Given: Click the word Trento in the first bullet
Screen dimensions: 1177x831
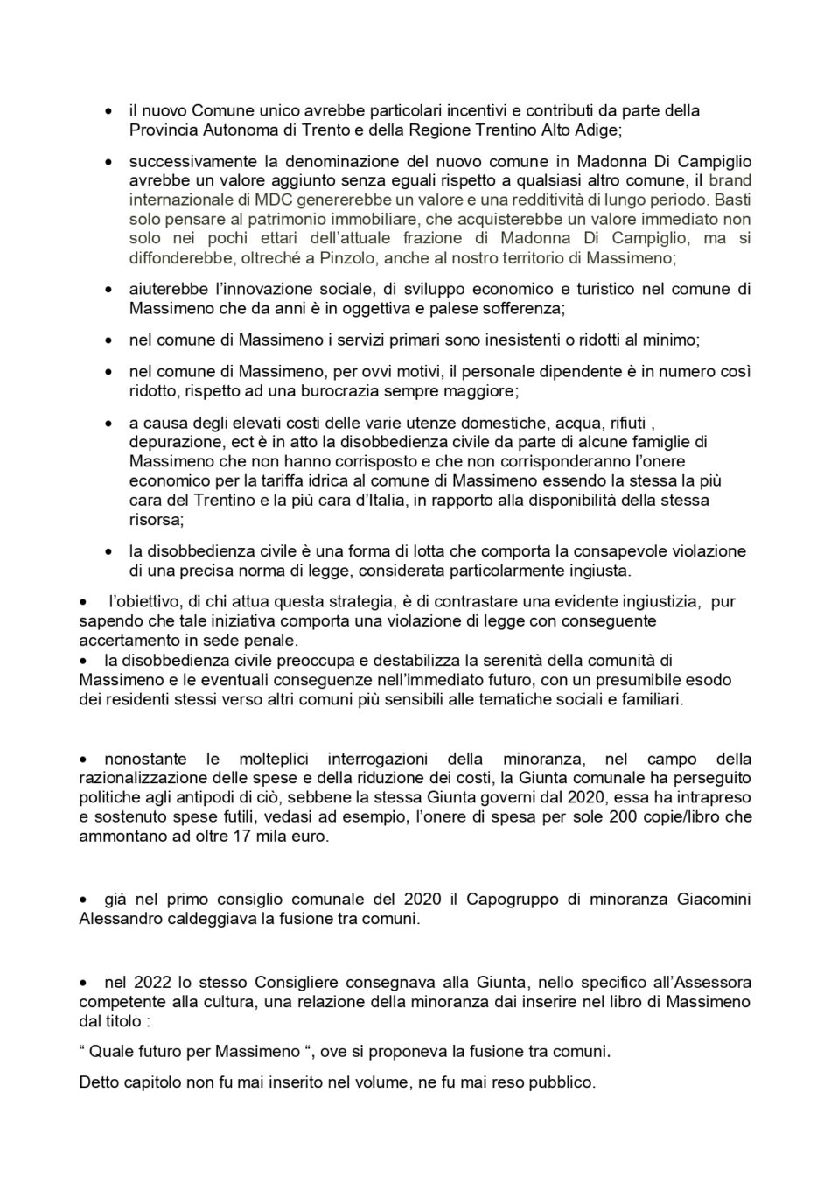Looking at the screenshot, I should (x=318, y=130).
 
